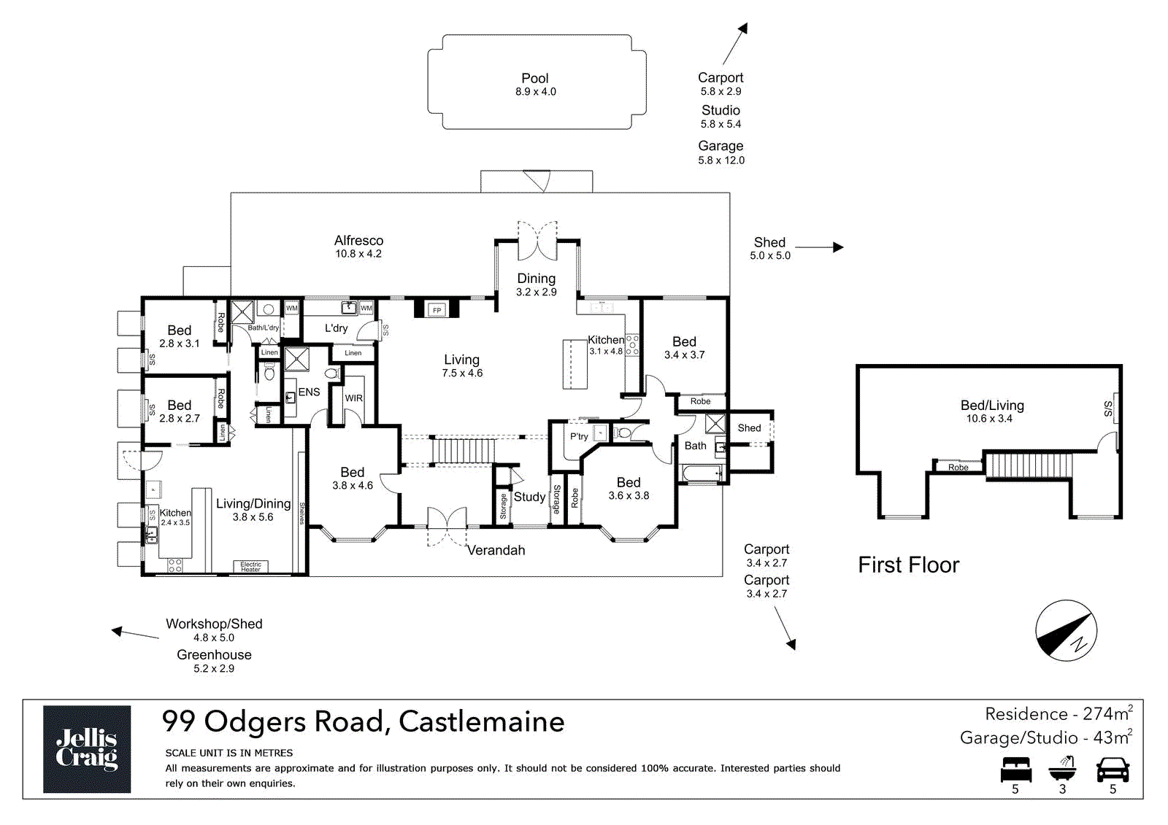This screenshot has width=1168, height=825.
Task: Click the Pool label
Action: pyautogui.click(x=535, y=79)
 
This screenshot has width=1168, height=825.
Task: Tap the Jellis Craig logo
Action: pyautogui.click(x=87, y=748)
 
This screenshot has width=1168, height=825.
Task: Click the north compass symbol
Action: pyautogui.click(x=1066, y=631)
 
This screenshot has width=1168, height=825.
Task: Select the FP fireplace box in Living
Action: pyautogui.click(x=437, y=310)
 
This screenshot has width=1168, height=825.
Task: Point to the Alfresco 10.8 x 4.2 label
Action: pyautogui.click(x=358, y=247)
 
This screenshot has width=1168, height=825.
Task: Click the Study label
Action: pyautogui.click(x=529, y=497)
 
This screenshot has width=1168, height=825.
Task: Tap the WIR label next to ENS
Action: pyautogui.click(x=353, y=398)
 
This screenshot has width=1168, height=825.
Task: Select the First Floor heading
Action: pyautogui.click(x=908, y=565)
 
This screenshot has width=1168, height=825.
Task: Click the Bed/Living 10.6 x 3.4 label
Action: pyautogui.click(x=991, y=411)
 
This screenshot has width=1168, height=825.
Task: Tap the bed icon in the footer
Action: pyautogui.click(x=1015, y=770)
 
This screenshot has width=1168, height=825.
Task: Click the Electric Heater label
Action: pyautogui.click(x=250, y=567)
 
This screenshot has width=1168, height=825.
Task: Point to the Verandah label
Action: pyautogui.click(x=496, y=550)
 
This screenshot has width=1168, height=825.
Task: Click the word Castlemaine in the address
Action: pyautogui.click(x=481, y=721)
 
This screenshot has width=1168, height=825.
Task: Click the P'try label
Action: pyautogui.click(x=579, y=436)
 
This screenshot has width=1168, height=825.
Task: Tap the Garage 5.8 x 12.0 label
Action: pyautogui.click(x=721, y=152)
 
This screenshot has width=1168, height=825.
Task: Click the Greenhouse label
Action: pyautogui.click(x=214, y=655)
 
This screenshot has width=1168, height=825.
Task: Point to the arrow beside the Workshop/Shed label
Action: pyautogui.click(x=135, y=634)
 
